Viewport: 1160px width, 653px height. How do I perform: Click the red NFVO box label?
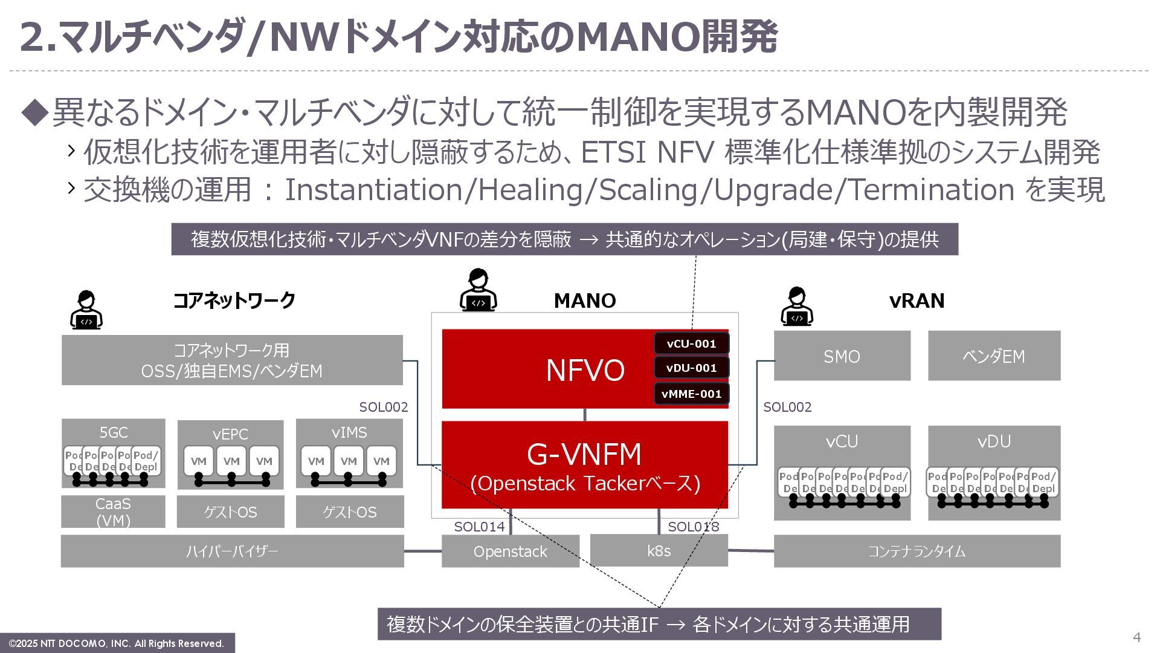click(584, 370)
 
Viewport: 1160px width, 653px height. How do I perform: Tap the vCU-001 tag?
click(691, 343)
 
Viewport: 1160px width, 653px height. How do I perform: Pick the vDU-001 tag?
click(691, 368)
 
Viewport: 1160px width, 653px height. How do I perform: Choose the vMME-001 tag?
click(691, 394)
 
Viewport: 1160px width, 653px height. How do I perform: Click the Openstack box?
click(510, 551)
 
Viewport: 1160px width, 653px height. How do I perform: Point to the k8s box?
click(659, 551)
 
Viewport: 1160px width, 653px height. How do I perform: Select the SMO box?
click(842, 356)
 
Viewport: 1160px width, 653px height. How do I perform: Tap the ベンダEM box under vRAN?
click(994, 356)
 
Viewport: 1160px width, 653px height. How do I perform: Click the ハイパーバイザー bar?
click(232, 551)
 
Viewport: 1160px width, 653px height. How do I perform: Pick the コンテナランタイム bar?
click(917, 551)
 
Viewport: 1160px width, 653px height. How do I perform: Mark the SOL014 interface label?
click(479, 527)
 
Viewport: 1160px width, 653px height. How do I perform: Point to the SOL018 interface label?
click(693, 527)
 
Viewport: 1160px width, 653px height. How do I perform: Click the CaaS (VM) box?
click(113, 512)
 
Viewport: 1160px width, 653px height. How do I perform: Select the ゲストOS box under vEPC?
click(230, 512)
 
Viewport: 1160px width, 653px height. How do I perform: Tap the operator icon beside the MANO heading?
click(478, 291)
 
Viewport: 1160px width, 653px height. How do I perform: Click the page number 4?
click(1136, 637)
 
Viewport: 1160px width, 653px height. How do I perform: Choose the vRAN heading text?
click(917, 301)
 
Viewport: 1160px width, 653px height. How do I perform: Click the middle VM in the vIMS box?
click(349, 461)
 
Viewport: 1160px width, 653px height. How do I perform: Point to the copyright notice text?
click(117, 643)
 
